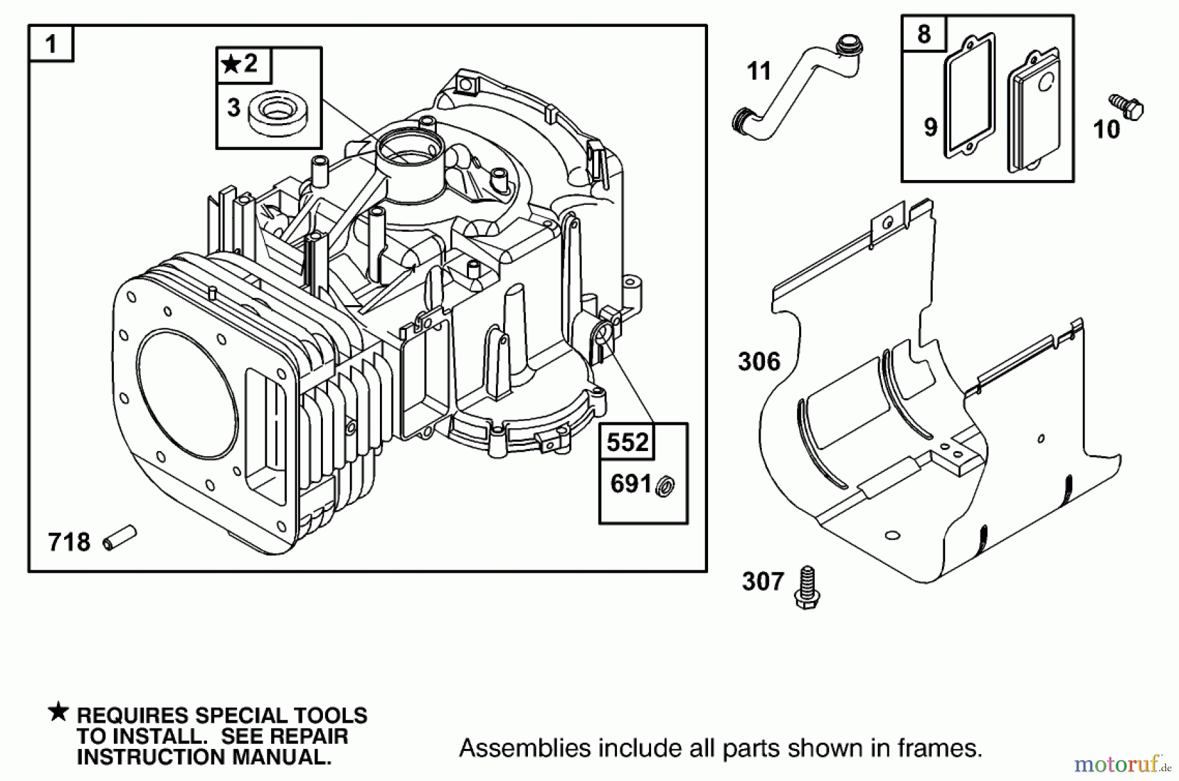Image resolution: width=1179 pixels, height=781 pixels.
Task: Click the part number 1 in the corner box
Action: pos(50,45)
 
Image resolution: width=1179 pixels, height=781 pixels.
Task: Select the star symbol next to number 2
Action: pos(230,64)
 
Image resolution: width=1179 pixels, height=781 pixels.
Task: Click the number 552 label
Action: pos(627,443)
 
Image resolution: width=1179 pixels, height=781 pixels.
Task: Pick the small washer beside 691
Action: pos(666,486)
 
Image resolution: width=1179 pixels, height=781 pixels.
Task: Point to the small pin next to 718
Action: pos(121,537)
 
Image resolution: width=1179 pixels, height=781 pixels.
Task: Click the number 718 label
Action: pos(69,542)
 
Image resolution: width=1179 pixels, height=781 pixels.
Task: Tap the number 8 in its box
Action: pos(924,34)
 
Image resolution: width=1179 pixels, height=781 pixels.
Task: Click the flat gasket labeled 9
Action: pos(967,98)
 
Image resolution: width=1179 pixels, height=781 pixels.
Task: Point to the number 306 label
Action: pos(758,361)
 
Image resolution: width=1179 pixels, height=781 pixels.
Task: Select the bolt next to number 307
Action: pos(807,587)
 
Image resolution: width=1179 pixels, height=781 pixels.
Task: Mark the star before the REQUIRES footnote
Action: pos(58,712)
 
